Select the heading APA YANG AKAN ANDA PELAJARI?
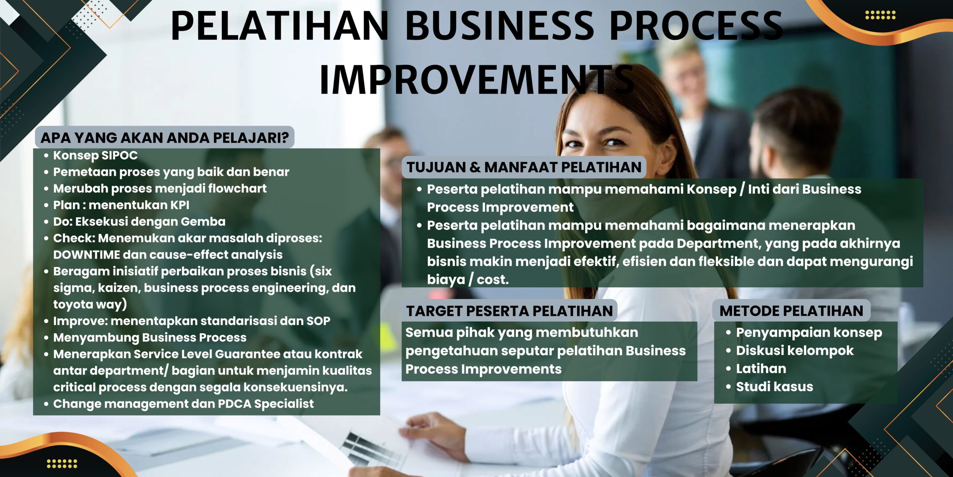pos(165,138)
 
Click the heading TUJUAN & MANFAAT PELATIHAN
pos(524,167)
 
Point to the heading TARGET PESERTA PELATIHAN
pos(509,311)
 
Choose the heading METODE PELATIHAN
pos(791,311)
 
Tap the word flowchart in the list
pos(237,188)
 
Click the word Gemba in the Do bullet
pos(203,221)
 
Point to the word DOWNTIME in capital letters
pos(86,255)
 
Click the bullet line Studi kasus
pos(774,386)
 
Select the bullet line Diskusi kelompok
pos(795,351)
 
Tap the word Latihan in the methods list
pos(761,369)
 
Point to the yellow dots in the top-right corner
pos(880,15)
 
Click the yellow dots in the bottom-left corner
pos(62,464)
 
